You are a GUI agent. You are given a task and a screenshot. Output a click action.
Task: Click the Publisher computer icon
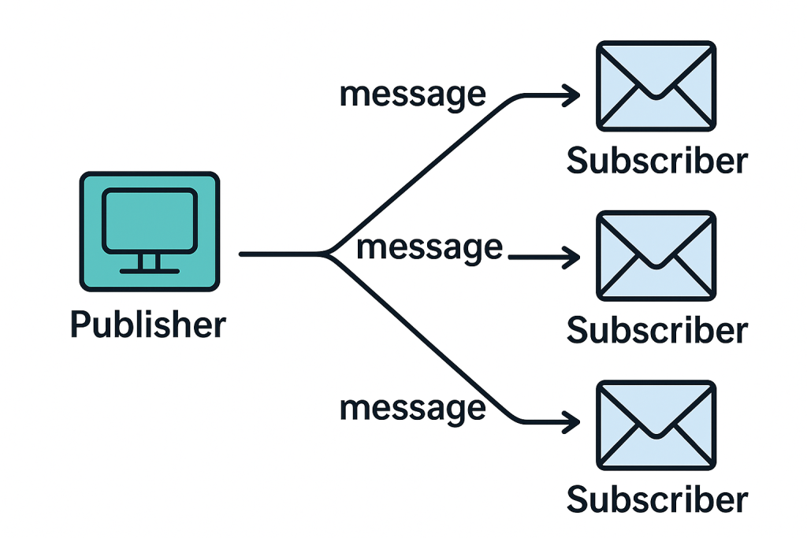click(x=149, y=231)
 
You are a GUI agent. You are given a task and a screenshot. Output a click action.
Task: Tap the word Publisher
click(x=148, y=324)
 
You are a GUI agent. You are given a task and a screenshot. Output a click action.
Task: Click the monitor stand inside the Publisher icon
click(x=149, y=264)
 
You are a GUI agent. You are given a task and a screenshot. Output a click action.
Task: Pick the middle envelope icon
click(x=656, y=255)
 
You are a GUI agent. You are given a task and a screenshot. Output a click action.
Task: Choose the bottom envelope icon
click(x=656, y=425)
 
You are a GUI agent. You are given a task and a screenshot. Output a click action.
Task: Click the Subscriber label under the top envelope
click(x=656, y=161)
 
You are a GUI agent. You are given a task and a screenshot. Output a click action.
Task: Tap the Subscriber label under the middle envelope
click(x=656, y=330)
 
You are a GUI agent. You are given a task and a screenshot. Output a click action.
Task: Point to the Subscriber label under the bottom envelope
click(x=656, y=500)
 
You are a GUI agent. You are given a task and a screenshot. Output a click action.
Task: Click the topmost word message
click(x=412, y=94)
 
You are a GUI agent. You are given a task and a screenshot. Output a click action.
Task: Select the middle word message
click(x=429, y=247)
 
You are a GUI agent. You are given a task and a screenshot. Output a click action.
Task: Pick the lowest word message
click(x=412, y=407)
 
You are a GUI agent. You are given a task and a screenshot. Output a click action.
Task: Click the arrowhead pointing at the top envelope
click(x=572, y=96)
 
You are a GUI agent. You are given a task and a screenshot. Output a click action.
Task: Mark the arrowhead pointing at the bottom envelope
click(x=572, y=421)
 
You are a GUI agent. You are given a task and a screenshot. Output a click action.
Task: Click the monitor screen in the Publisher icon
click(x=149, y=221)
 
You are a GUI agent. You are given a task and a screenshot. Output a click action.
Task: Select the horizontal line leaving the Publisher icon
click(x=280, y=254)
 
